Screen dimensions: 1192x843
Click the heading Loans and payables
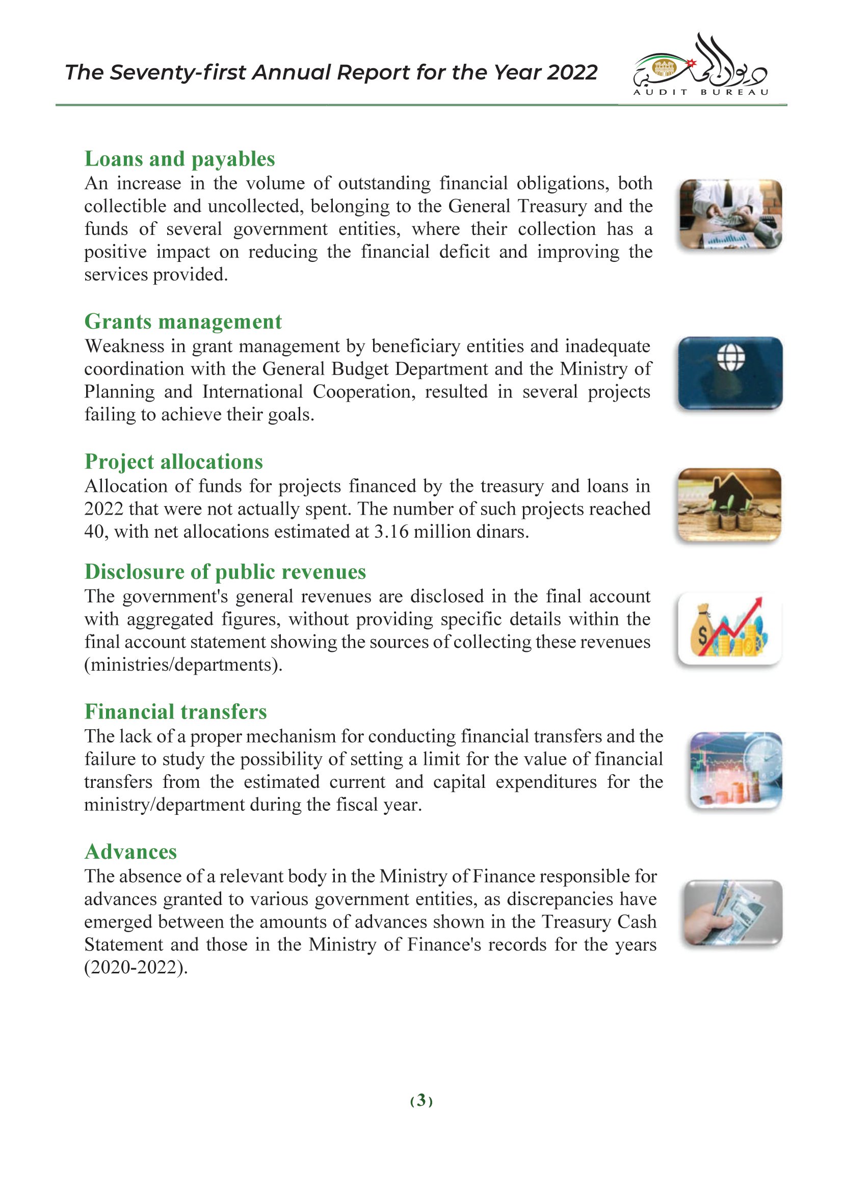pyautogui.click(x=179, y=160)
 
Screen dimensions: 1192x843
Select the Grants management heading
pyautogui.click(x=183, y=322)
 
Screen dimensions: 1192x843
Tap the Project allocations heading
pyautogui.click(x=173, y=462)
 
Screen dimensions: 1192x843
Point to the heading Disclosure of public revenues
pyautogui.click(x=225, y=572)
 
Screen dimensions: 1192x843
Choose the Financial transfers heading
pyautogui.click(x=175, y=712)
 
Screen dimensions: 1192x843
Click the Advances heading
pyautogui.click(x=130, y=853)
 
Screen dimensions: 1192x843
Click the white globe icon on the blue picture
pyautogui.click(x=730, y=358)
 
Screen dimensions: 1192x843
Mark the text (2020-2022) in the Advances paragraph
pyautogui.click(x=136, y=968)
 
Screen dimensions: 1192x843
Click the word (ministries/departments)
pyautogui.click(x=183, y=665)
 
